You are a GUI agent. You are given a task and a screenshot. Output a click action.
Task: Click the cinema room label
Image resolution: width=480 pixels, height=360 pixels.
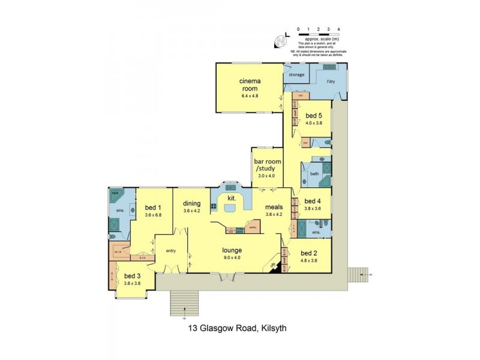coord(249,85)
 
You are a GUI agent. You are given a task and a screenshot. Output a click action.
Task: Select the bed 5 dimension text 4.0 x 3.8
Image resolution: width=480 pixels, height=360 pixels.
coord(314,123)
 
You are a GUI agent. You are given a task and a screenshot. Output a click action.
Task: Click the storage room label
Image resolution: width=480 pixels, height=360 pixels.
coord(296,75)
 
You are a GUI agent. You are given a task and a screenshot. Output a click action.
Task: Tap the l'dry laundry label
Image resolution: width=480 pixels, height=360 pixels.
coord(330,81)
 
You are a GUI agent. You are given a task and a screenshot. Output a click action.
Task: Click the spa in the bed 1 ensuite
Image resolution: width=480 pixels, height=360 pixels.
coord(115,196)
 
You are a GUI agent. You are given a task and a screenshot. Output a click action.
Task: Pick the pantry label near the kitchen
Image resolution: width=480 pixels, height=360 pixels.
coord(253,227)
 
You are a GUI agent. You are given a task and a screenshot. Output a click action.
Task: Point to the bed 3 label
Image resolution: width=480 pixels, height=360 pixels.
coord(131,276)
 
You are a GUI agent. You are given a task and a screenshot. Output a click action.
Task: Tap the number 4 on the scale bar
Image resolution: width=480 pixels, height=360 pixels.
coord(339,29)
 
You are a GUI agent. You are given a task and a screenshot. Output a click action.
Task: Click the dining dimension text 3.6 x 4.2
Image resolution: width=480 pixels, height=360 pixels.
coord(191,211)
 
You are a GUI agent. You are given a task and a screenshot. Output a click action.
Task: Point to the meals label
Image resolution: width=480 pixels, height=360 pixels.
coord(274,207)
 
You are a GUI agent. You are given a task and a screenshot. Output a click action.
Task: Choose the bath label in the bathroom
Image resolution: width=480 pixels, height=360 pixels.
coord(314,175)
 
